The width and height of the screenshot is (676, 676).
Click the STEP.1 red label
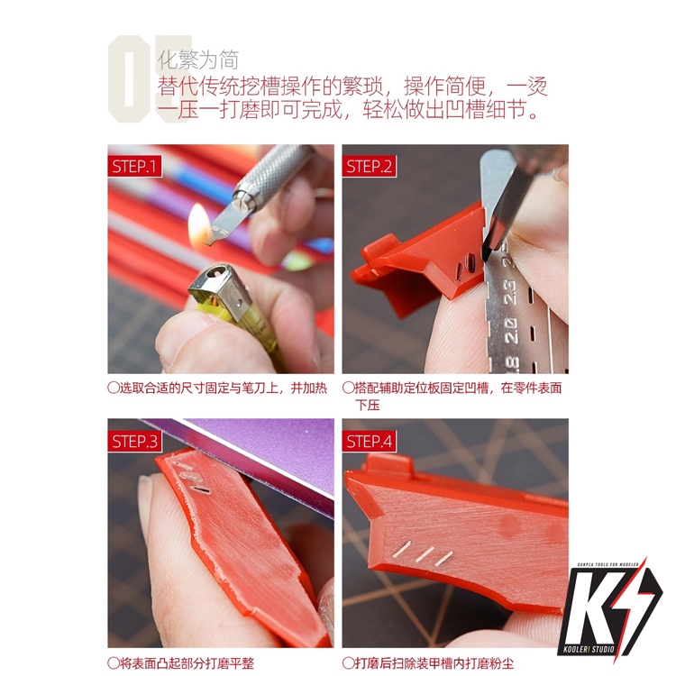point(134,166)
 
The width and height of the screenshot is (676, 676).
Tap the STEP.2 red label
point(369,166)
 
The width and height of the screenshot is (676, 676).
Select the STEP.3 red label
point(134,441)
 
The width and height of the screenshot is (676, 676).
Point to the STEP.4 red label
point(369,441)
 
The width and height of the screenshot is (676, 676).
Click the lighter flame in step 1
point(199,225)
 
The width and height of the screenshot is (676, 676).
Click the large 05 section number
point(149,79)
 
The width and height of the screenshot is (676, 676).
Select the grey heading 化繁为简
point(198,59)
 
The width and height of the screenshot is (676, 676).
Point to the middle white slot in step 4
point(425,555)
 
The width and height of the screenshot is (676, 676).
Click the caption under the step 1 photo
point(217,388)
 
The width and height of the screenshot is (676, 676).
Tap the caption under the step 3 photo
point(180,663)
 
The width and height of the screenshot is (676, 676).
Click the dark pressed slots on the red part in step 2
point(466,265)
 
